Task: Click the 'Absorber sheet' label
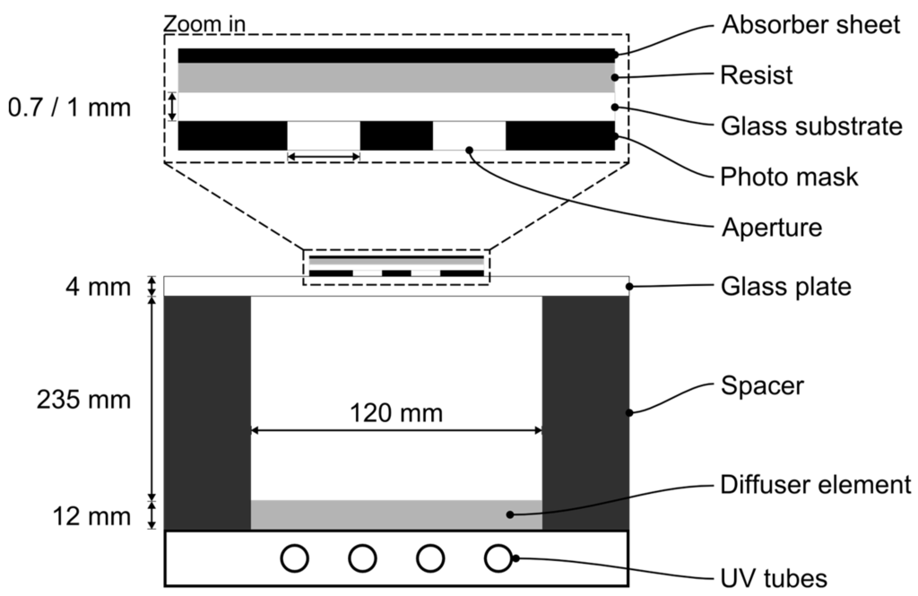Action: click(810, 25)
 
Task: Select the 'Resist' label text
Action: click(757, 75)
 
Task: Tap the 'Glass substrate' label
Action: click(811, 126)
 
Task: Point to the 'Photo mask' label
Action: click(789, 177)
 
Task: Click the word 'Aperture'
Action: click(772, 228)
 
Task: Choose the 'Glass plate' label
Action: click(785, 288)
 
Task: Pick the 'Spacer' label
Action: click(762, 386)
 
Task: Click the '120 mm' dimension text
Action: click(396, 414)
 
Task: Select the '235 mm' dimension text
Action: click(83, 400)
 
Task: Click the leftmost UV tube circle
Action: click(294, 558)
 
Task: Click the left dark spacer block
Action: click(207, 412)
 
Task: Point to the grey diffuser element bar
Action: click(396, 514)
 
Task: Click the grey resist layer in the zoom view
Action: click(396, 77)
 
